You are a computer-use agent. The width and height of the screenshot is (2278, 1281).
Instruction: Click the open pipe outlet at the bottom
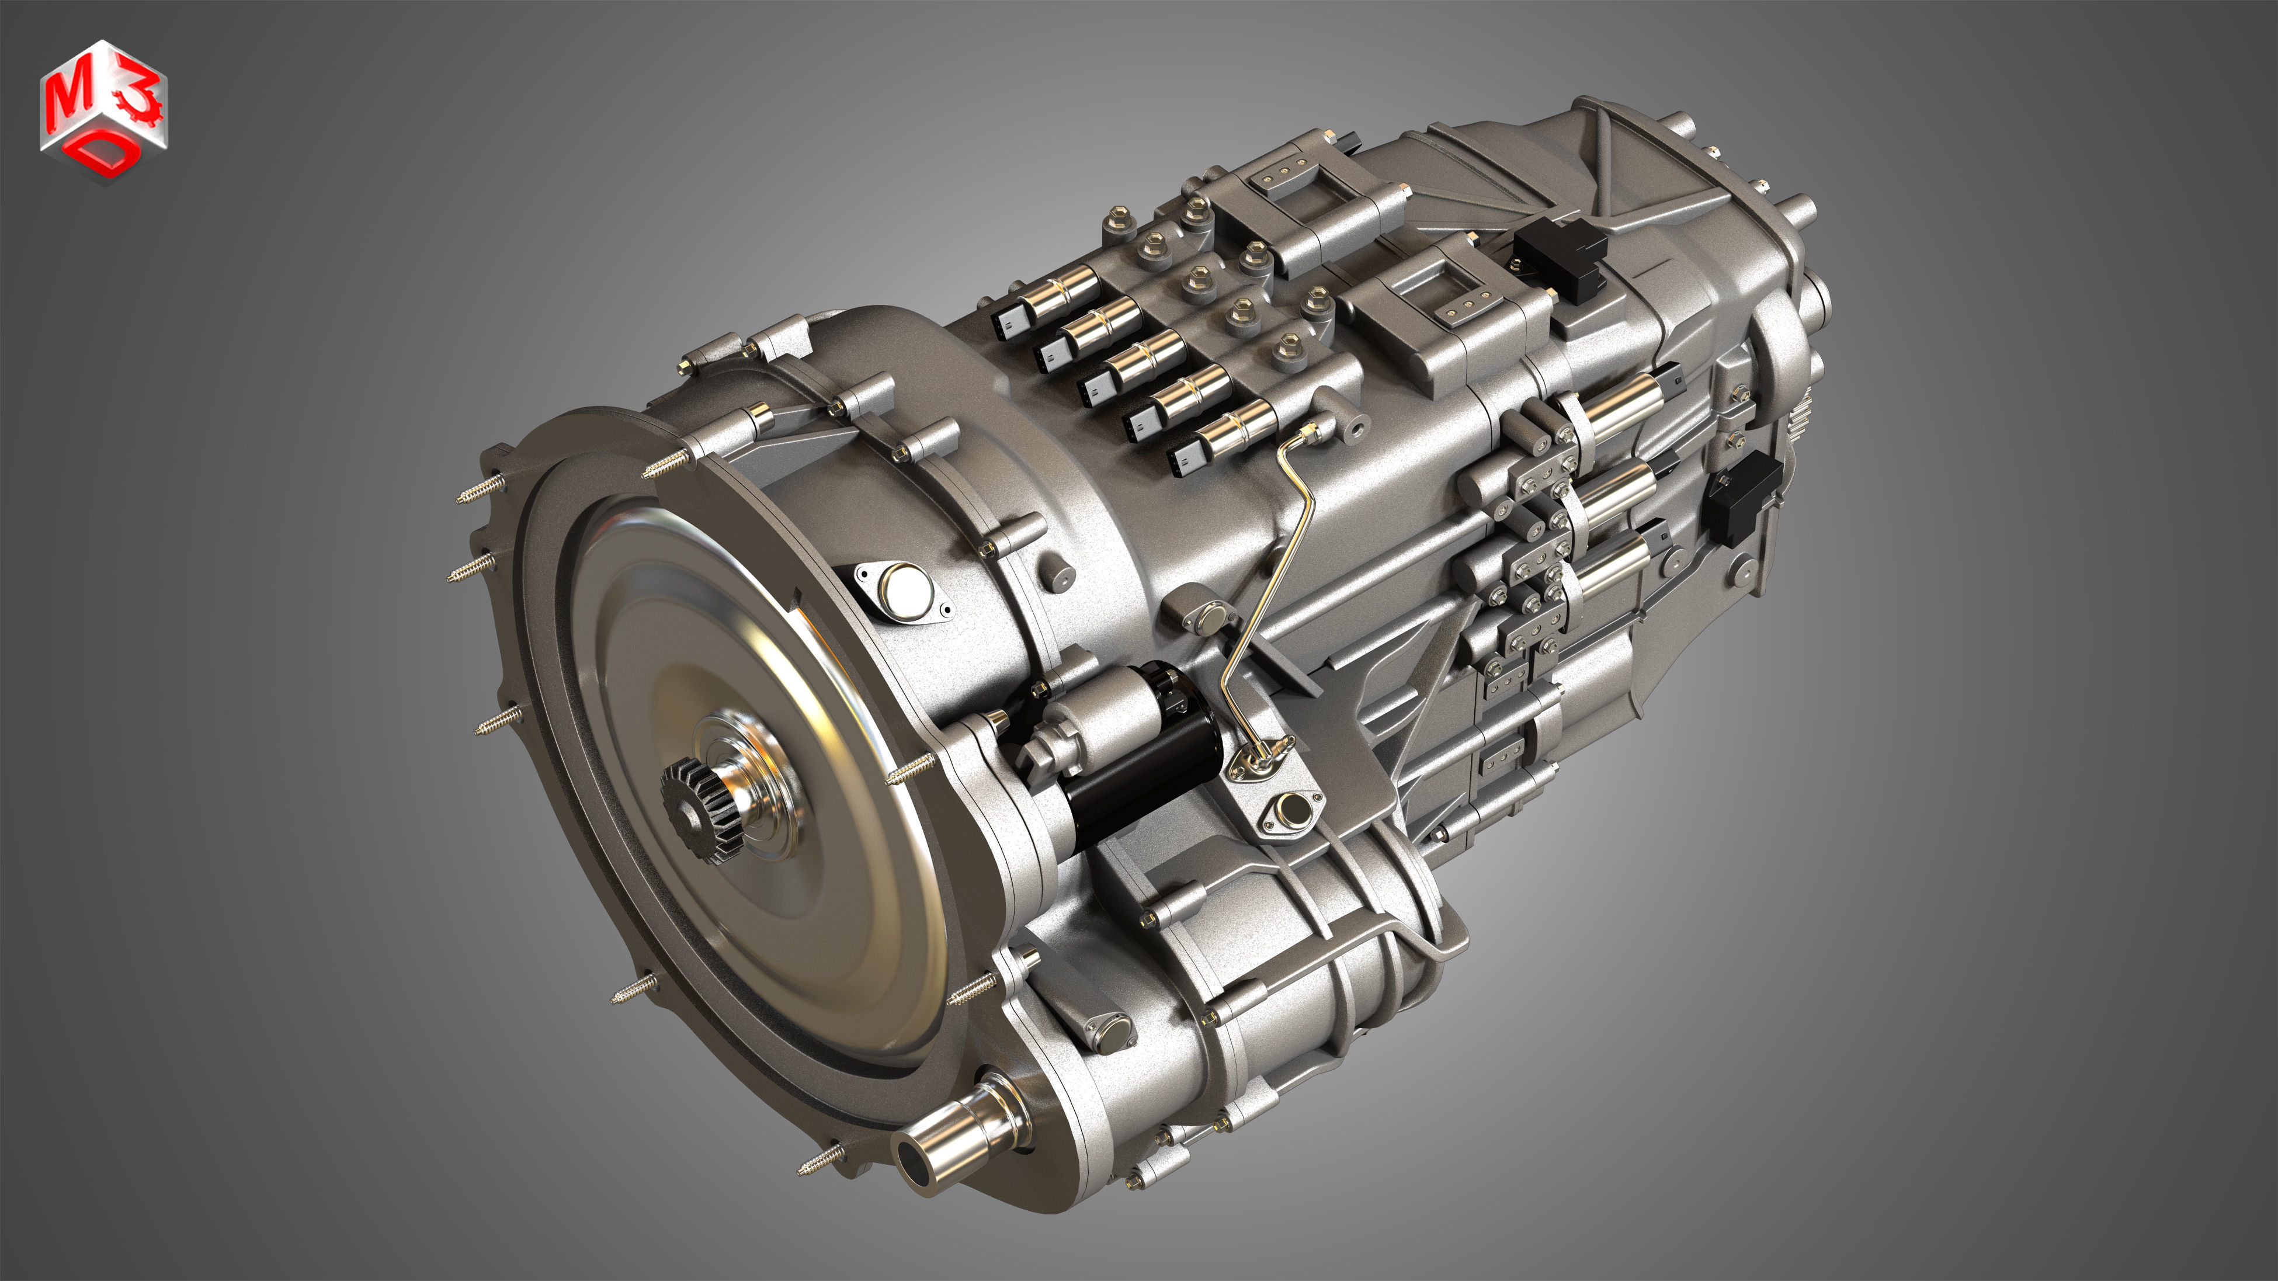coord(916,1158)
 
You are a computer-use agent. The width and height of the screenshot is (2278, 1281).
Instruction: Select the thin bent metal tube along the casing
coord(1282,566)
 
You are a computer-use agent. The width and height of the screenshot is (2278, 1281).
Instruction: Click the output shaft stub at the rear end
coord(1800,212)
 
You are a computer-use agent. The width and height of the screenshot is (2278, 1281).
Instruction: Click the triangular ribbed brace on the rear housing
coord(1636,177)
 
